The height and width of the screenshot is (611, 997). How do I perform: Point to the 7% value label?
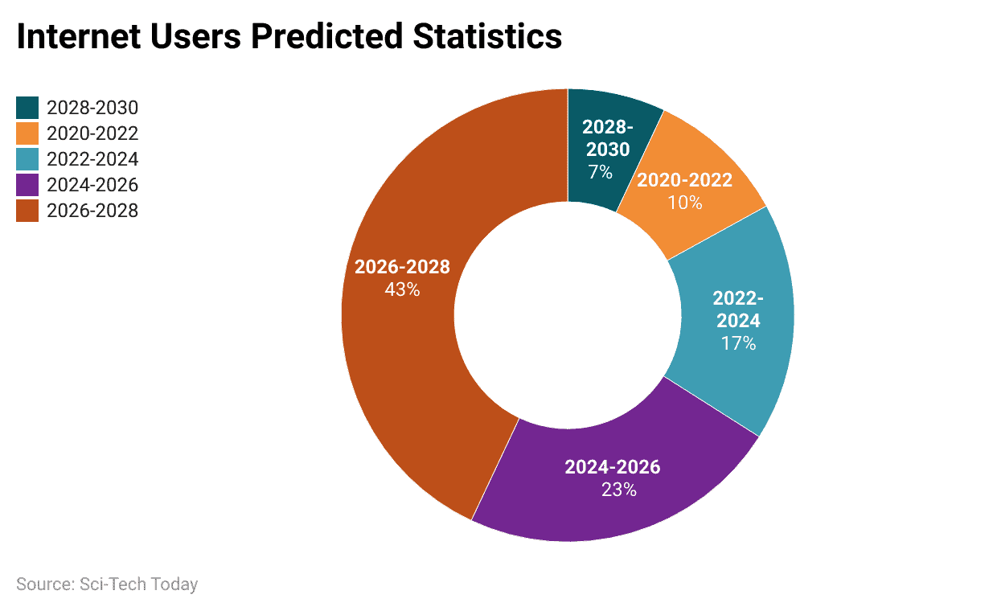coord(600,171)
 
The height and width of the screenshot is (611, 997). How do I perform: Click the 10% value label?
coord(684,202)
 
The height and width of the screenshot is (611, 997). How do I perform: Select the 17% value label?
coord(738,343)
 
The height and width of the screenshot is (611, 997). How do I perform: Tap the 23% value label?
coord(618,489)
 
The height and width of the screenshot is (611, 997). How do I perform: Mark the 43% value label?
coord(402,289)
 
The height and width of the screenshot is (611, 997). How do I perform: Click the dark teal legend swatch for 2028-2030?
coord(27,108)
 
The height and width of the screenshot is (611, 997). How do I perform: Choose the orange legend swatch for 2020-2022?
coord(27,133)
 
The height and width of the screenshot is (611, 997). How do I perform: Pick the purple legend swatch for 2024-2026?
coord(27,185)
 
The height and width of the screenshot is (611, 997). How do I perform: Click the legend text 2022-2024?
coord(92,159)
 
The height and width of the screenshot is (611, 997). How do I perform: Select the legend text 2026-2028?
coord(92,211)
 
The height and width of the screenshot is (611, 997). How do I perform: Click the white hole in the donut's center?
coord(568,315)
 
